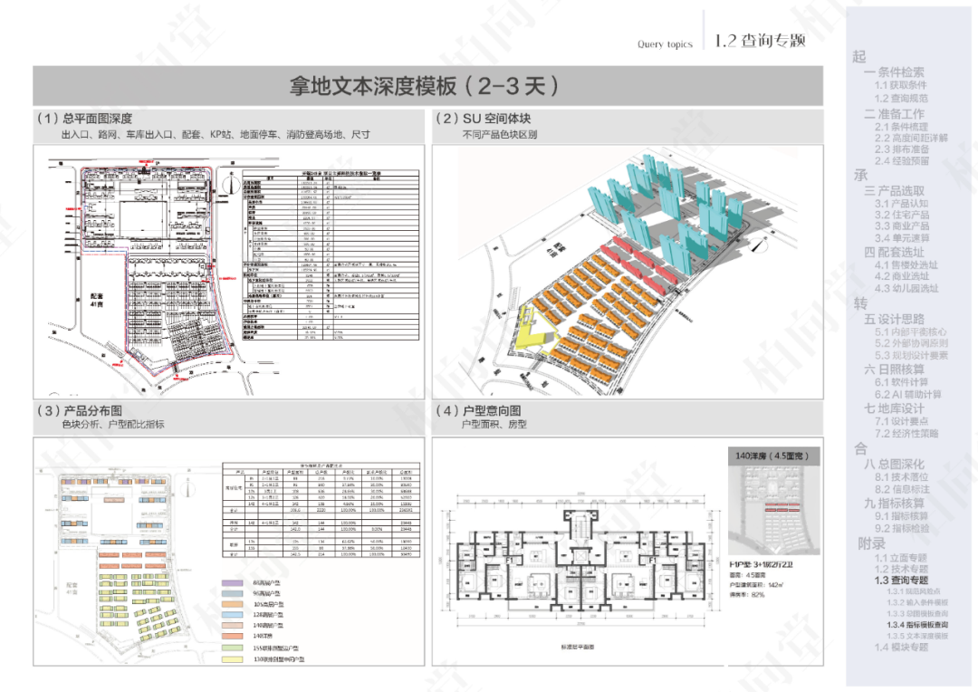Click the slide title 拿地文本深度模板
coord(424,86)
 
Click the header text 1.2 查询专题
coord(759,41)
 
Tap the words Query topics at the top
coord(665,43)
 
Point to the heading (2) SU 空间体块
coord(484,119)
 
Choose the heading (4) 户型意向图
coord(479,409)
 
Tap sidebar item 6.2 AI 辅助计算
coord(907,395)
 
